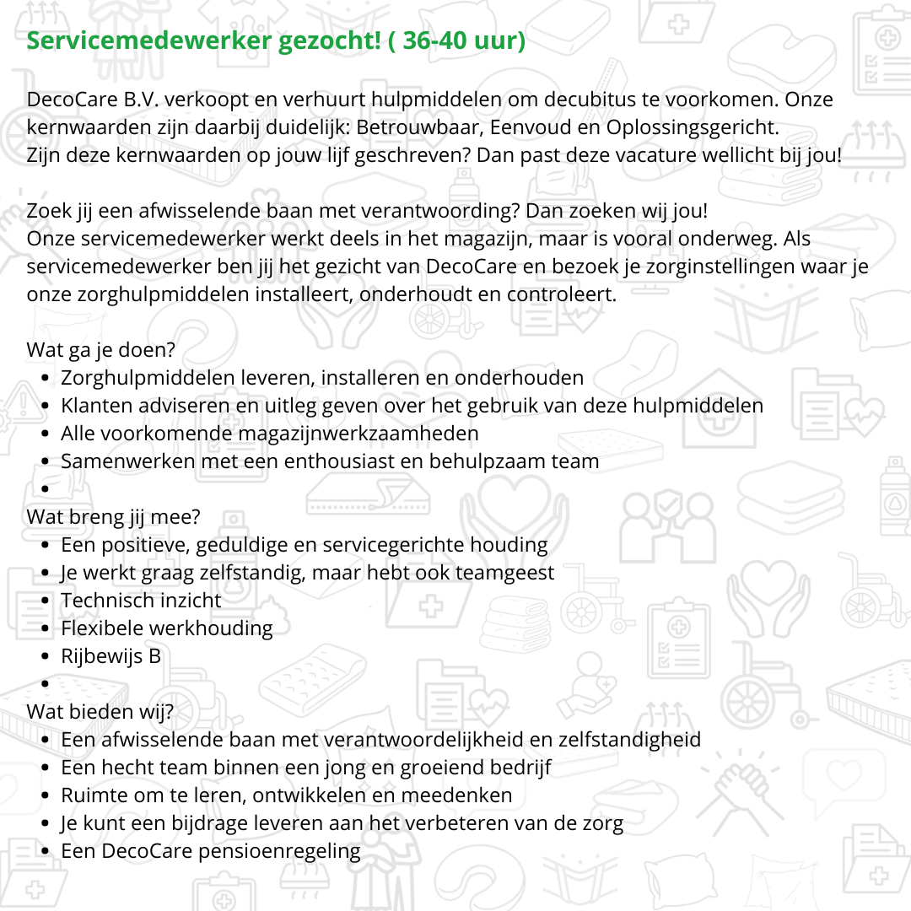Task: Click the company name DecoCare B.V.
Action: coord(94,100)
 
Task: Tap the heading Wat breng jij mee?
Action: coord(114,517)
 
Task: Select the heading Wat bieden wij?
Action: coord(100,712)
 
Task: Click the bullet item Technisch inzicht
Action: coord(141,601)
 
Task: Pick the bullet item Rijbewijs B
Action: coord(111,656)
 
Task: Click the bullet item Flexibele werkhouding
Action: coord(167,628)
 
